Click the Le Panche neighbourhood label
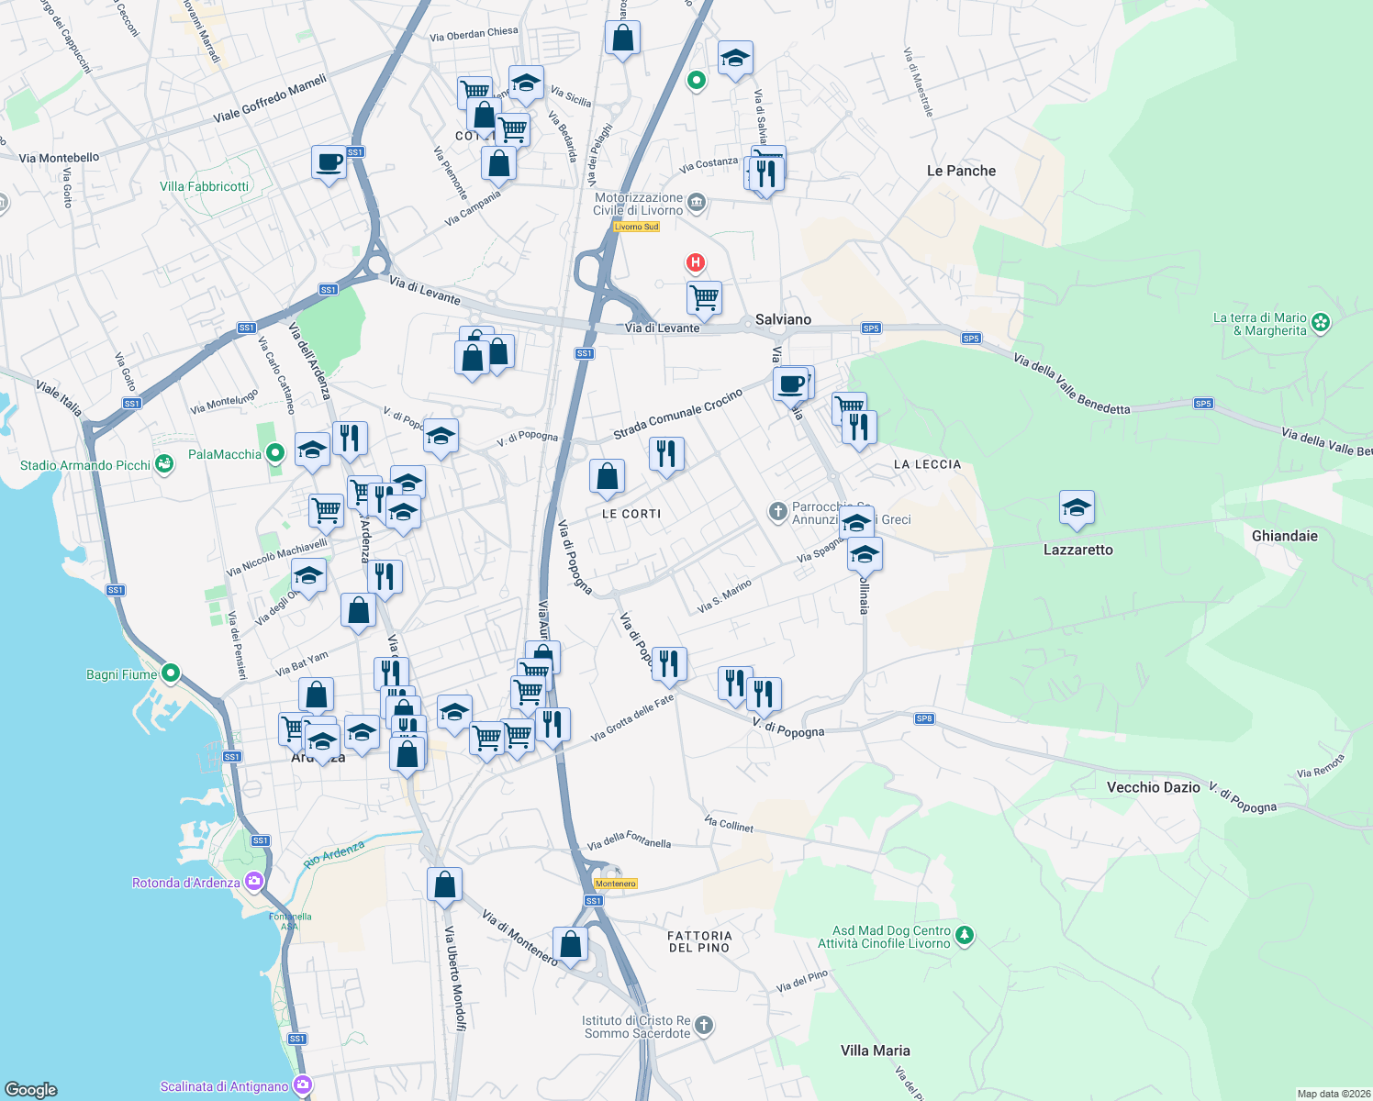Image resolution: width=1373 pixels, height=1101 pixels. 961,171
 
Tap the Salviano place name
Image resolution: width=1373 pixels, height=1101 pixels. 783,319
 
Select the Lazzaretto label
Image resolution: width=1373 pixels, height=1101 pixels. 1077,550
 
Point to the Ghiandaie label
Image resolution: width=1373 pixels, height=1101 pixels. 1284,536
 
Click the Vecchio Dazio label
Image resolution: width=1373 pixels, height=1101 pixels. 1153,787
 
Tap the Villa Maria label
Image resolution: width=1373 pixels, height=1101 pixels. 875,1051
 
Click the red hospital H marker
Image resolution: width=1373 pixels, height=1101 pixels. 696,264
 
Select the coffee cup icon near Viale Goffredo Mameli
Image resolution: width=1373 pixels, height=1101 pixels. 329,162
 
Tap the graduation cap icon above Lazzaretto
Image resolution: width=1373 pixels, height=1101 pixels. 1077,507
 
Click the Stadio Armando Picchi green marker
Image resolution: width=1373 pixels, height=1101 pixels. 164,464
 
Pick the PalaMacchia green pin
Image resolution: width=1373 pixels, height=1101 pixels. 274,454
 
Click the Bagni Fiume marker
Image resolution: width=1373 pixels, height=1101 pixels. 170,673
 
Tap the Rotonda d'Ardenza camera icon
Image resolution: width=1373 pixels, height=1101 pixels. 253,882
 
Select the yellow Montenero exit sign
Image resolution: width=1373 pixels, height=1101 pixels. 615,884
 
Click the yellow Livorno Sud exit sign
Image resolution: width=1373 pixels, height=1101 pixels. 636,227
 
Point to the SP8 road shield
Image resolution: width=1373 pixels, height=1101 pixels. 924,718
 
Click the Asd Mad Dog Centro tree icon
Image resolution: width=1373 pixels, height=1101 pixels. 964,936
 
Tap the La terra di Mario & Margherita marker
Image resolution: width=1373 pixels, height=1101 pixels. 1320,322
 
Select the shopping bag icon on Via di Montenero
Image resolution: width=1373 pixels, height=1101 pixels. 570,945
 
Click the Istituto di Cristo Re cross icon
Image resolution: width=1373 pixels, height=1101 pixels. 704,1026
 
